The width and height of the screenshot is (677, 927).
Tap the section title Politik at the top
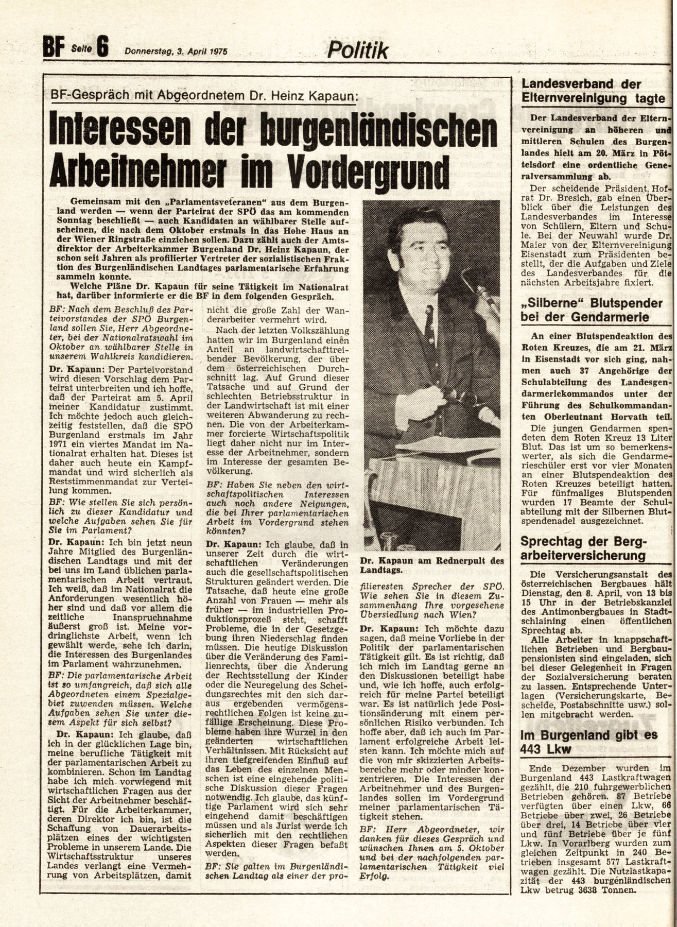click(x=358, y=50)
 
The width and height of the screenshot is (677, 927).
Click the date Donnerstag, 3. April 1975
click(x=176, y=51)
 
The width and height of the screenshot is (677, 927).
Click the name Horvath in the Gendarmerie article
click(x=628, y=416)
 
